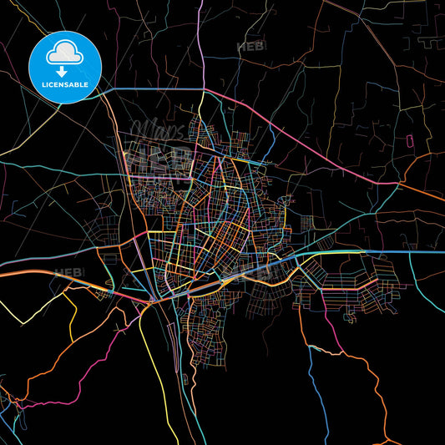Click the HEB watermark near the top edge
point(250,47)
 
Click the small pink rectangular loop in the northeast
point(409,139)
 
